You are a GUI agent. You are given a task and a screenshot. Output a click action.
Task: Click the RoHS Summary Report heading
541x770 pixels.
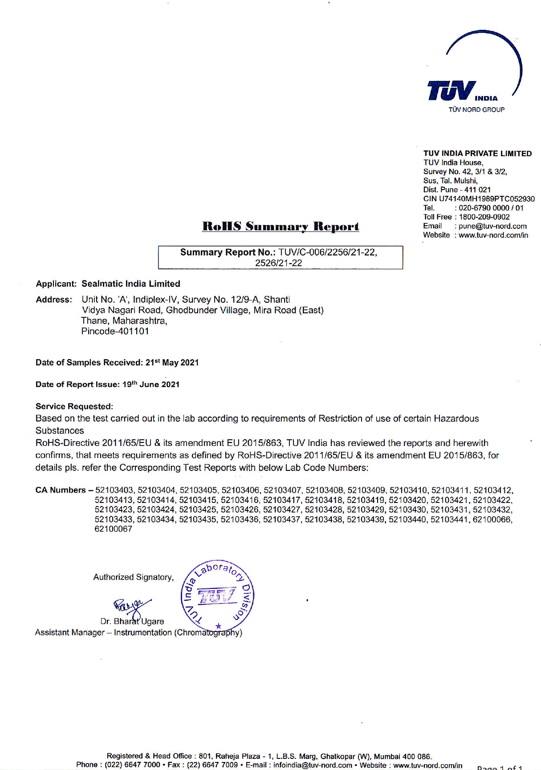[x=281, y=226]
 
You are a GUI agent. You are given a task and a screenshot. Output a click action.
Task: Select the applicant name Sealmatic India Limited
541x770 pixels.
[x=131, y=284]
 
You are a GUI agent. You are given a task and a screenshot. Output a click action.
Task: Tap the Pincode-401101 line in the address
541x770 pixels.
[x=115, y=332]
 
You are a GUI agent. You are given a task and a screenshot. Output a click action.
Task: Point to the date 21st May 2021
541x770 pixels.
[x=172, y=363]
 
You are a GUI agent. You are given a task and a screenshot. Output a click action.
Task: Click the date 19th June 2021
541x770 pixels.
[x=151, y=385]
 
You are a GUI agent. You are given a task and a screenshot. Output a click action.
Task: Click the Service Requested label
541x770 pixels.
[x=74, y=406]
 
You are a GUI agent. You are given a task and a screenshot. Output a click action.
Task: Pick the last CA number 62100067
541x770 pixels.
[x=113, y=529]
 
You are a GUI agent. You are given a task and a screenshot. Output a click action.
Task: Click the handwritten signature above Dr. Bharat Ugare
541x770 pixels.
[x=131, y=606]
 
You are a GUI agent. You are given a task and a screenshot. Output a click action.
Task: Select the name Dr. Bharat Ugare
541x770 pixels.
[x=132, y=621]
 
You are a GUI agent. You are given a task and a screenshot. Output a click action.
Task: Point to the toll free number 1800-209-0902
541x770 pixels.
[x=484, y=217]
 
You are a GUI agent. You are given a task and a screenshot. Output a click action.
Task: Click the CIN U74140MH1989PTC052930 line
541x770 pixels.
[x=479, y=199]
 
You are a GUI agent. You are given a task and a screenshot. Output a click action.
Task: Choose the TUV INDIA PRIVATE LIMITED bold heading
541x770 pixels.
[x=477, y=154]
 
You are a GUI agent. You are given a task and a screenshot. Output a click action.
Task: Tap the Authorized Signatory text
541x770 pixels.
[x=133, y=577]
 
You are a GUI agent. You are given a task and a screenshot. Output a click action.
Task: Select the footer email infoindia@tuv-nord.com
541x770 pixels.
[x=313, y=765]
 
